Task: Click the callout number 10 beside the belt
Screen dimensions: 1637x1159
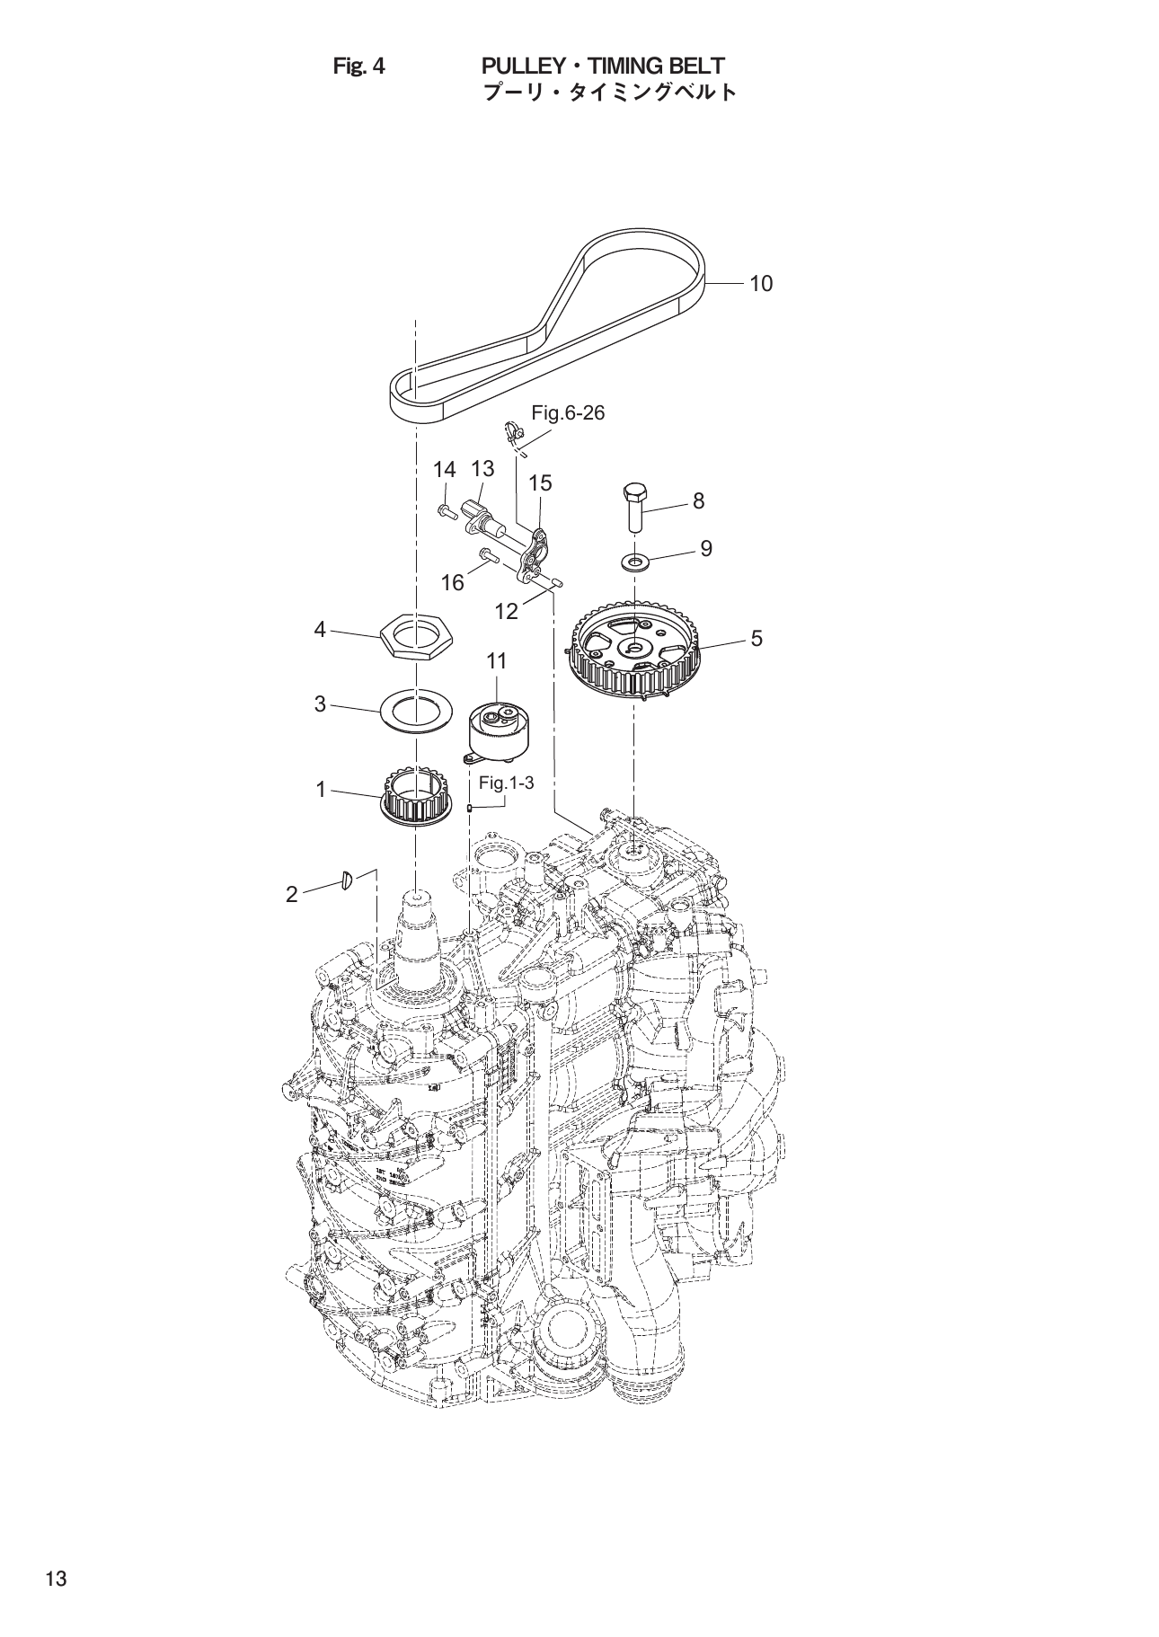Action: (760, 284)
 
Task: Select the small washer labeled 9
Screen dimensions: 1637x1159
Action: (636, 562)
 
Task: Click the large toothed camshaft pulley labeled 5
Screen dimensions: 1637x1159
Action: (634, 654)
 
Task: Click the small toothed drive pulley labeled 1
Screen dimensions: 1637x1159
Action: (415, 795)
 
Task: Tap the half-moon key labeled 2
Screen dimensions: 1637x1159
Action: (346, 880)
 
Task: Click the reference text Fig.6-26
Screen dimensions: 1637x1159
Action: (568, 413)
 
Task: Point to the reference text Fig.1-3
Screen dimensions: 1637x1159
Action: (506, 783)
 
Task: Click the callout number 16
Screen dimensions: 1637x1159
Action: (452, 583)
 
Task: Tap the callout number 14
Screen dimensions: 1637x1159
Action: (445, 469)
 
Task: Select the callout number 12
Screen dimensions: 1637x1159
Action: (507, 612)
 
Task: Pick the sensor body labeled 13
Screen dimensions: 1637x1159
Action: (481, 516)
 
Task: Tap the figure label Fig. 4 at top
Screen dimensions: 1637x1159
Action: (358, 66)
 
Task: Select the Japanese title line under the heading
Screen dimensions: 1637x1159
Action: (609, 92)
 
